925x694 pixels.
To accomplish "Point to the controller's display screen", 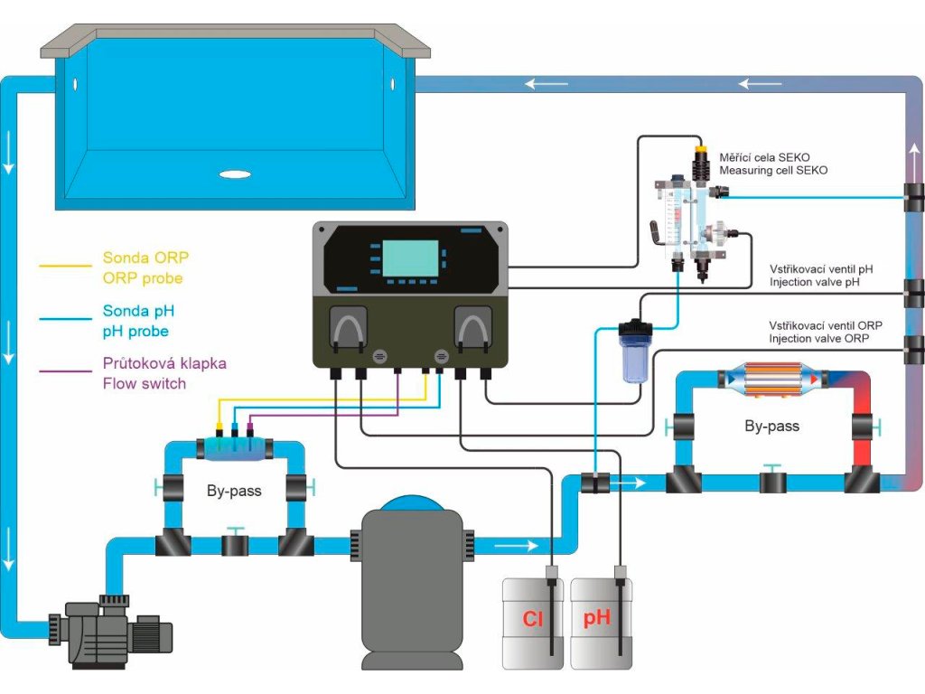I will click(x=411, y=258).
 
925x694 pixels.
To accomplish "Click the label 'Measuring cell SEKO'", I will click(x=773, y=171).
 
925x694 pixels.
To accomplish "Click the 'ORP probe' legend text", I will click(x=143, y=278).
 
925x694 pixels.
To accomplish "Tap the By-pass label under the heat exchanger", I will click(x=772, y=426).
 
